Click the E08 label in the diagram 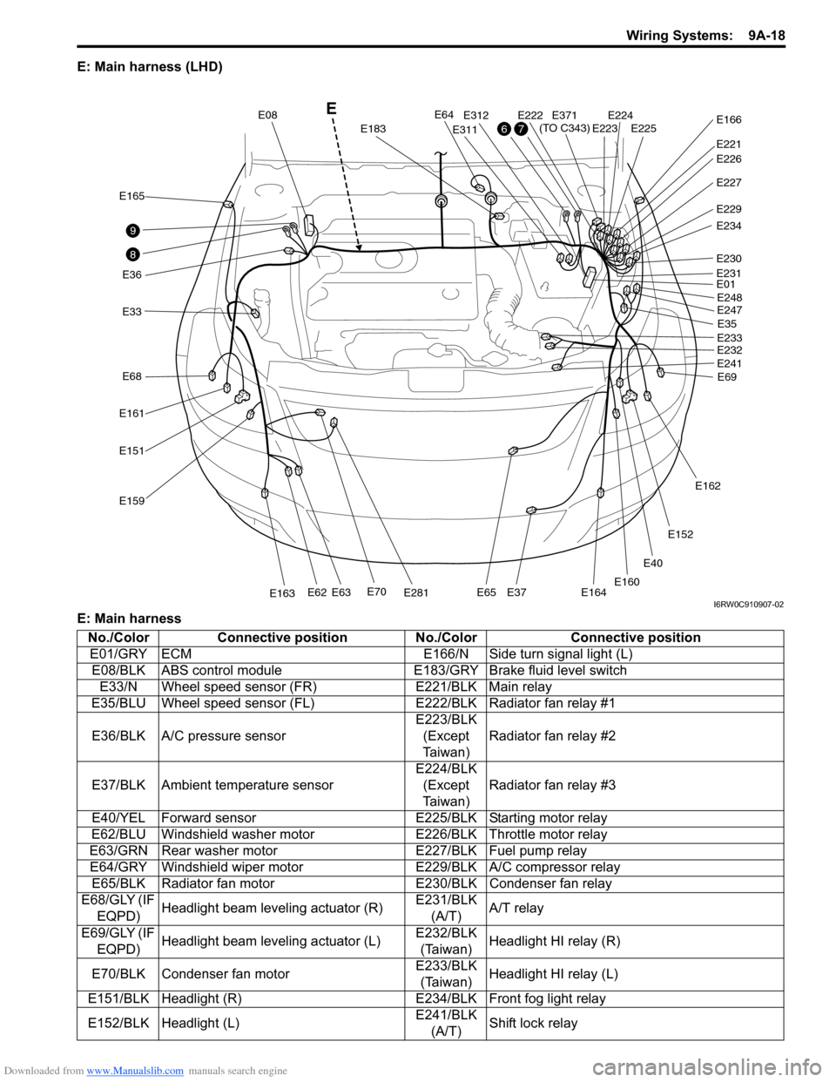point(267,114)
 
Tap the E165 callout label point(131,196)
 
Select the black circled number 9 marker point(131,230)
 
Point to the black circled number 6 point(503,129)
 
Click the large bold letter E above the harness point(331,109)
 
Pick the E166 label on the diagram point(729,119)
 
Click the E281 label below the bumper point(416,593)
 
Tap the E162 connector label point(707,486)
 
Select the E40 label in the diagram point(652,563)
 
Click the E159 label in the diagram point(131,501)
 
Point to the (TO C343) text point(564,128)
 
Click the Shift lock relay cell point(533,1023)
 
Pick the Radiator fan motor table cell point(218,883)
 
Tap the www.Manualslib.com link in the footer point(135,1072)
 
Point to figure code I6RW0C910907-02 point(748,605)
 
